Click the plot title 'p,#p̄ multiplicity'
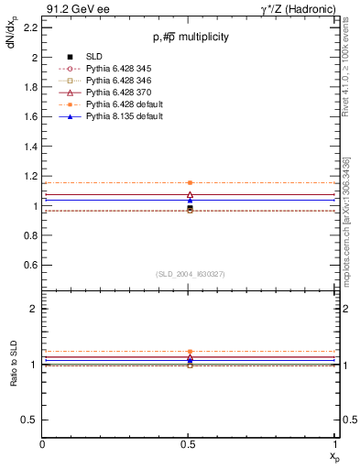pyautogui.click(x=191, y=37)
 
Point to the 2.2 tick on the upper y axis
pyautogui.click(x=32, y=27)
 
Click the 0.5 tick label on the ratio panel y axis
pyautogui.click(x=32, y=420)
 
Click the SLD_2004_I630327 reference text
pyautogui.click(x=190, y=274)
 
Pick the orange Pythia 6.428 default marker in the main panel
pyautogui.click(x=190, y=183)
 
